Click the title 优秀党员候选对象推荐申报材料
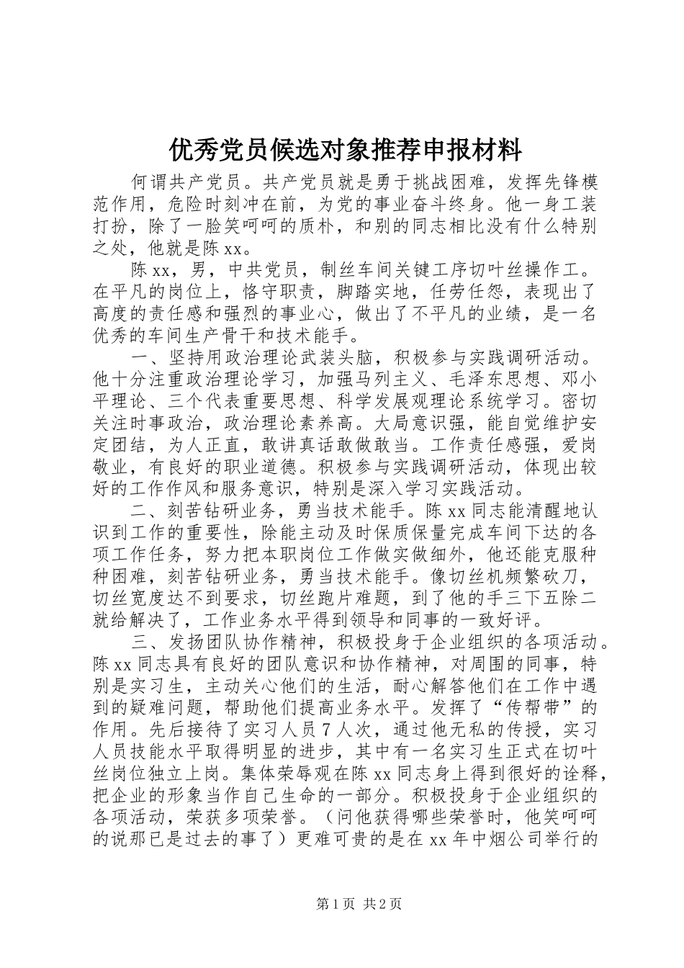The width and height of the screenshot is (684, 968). (345, 151)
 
